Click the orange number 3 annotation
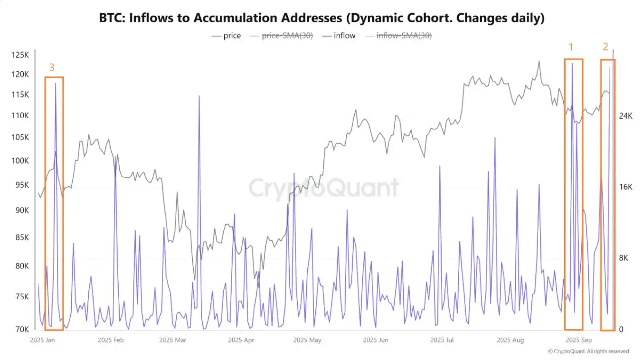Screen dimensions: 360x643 [52, 68]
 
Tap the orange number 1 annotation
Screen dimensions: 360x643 [571, 47]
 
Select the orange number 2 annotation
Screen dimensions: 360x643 [605, 47]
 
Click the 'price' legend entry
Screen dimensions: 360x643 [232, 36]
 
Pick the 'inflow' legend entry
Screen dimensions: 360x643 [344, 36]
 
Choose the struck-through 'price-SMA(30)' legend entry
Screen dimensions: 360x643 [287, 36]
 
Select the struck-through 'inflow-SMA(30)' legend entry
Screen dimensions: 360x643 [404, 36]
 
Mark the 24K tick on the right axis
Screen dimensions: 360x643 [625, 116]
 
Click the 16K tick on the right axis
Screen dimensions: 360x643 [625, 187]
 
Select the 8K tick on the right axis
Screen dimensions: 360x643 [623, 258]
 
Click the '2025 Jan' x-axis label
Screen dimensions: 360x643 [43, 340]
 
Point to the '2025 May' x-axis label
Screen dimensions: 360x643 [307, 340]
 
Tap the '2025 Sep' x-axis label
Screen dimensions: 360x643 [578, 340]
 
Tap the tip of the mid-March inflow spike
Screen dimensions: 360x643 [199, 96]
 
